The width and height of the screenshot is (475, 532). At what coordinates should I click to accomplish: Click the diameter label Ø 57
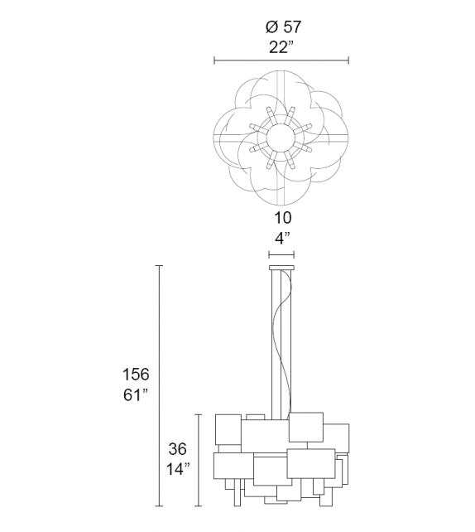(281, 27)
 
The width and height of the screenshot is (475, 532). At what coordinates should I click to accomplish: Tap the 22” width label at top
(281, 47)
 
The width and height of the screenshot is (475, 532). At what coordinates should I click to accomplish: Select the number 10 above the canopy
(282, 218)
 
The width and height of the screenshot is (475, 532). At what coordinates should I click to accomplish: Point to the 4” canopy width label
(282, 239)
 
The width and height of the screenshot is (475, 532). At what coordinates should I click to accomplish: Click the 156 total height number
(135, 374)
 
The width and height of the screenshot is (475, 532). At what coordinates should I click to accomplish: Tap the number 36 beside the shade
(177, 449)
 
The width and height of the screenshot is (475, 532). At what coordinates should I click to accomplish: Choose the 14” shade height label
(177, 469)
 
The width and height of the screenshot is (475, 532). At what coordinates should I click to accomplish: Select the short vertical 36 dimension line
(197, 459)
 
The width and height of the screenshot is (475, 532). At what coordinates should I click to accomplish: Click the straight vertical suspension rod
(273, 348)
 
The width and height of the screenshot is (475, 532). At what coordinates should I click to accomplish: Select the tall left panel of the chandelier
(228, 430)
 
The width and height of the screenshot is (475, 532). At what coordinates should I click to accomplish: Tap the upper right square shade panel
(305, 426)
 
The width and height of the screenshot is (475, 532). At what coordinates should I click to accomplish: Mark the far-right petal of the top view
(336, 137)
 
